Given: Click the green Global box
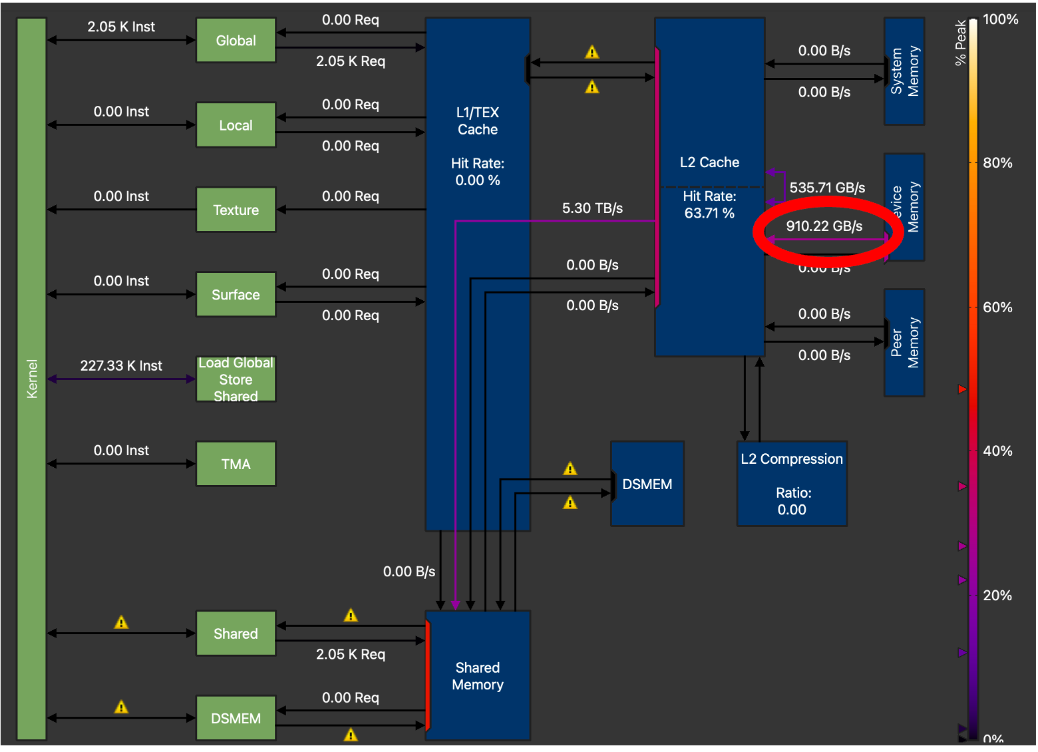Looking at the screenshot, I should coord(236,41).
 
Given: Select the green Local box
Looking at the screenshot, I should coord(236,125).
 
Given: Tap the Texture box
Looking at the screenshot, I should coord(236,210).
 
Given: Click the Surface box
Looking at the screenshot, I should coord(236,294).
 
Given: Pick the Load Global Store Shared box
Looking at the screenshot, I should coord(236,379).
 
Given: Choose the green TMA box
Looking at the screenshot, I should coord(236,464).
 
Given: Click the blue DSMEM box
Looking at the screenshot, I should coord(647,484).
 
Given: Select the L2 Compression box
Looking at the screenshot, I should coord(792,484).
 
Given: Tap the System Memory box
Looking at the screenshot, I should coord(904,71).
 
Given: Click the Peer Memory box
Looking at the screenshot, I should coord(904,343).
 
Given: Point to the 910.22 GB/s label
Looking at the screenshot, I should coord(824,226).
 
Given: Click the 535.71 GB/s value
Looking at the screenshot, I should coord(827,188).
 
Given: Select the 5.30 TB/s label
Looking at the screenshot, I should coord(592,208).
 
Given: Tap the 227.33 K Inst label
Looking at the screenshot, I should coord(121,365).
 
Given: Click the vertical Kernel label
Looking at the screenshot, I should coord(32,379).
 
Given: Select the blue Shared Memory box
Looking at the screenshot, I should coord(478,675).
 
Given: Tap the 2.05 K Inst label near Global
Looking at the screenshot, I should coord(121,27).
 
